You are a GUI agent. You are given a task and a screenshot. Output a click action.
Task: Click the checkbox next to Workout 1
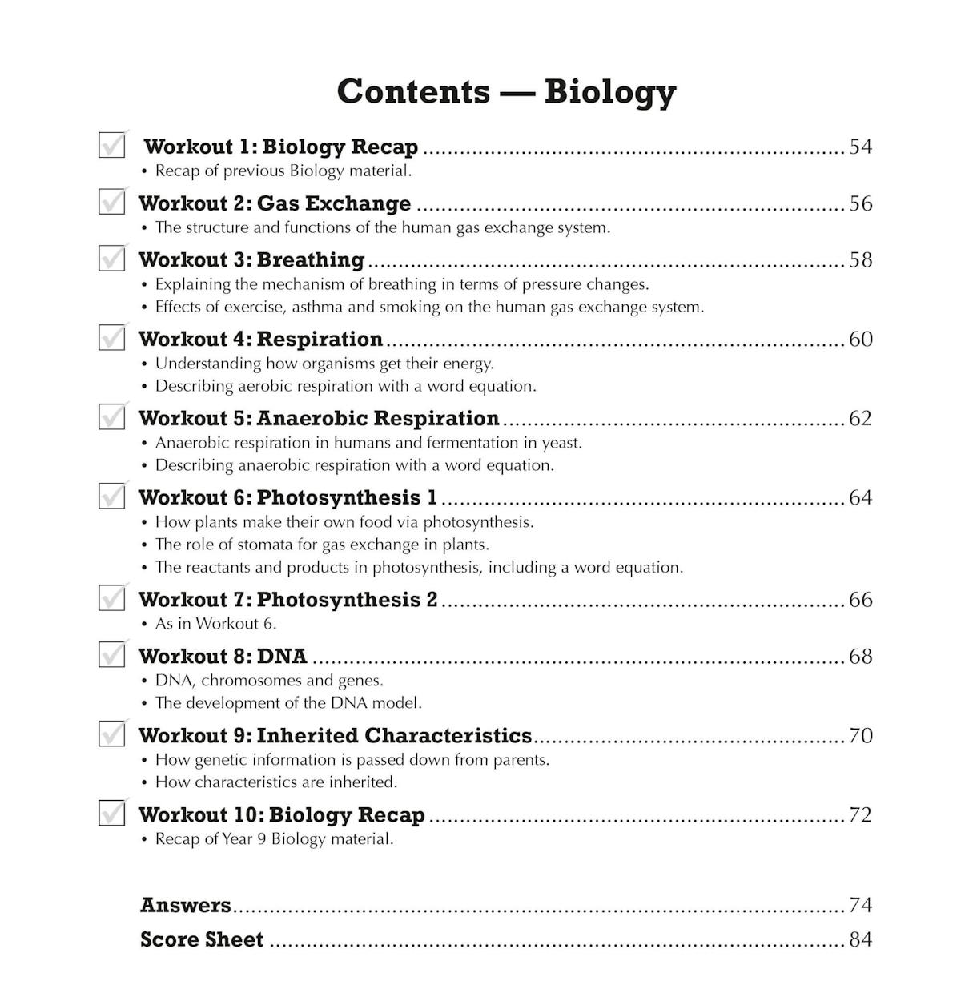[x=111, y=145]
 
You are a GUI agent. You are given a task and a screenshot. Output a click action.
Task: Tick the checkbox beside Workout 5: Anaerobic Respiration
[x=111, y=416]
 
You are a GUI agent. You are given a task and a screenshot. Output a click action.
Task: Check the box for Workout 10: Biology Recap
[x=111, y=813]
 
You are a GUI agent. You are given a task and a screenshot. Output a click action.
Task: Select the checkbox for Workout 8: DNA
[x=111, y=654]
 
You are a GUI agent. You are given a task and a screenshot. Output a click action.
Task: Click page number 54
[x=860, y=147]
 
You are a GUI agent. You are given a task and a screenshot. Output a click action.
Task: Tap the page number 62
[x=860, y=418]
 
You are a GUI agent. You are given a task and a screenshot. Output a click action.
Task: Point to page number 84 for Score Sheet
[x=860, y=939]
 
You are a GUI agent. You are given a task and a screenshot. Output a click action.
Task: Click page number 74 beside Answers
[x=860, y=905]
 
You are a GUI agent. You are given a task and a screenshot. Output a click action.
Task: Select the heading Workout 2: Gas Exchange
[x=275, y=203]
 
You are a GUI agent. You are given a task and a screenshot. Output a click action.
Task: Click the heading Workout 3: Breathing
[x=251, y=259]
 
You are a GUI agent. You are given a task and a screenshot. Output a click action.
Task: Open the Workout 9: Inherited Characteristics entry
[x=335, y=735]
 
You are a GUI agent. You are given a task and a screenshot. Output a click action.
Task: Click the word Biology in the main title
[x=610, y=91]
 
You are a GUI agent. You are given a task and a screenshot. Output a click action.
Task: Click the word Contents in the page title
[x=413, y=91]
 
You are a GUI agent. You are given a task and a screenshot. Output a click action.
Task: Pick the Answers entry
[x=186, y=905]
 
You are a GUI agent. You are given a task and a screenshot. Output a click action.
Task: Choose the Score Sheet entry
[x=202, y=939]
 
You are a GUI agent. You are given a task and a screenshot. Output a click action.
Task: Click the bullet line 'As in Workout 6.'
[x=215, y=624]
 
